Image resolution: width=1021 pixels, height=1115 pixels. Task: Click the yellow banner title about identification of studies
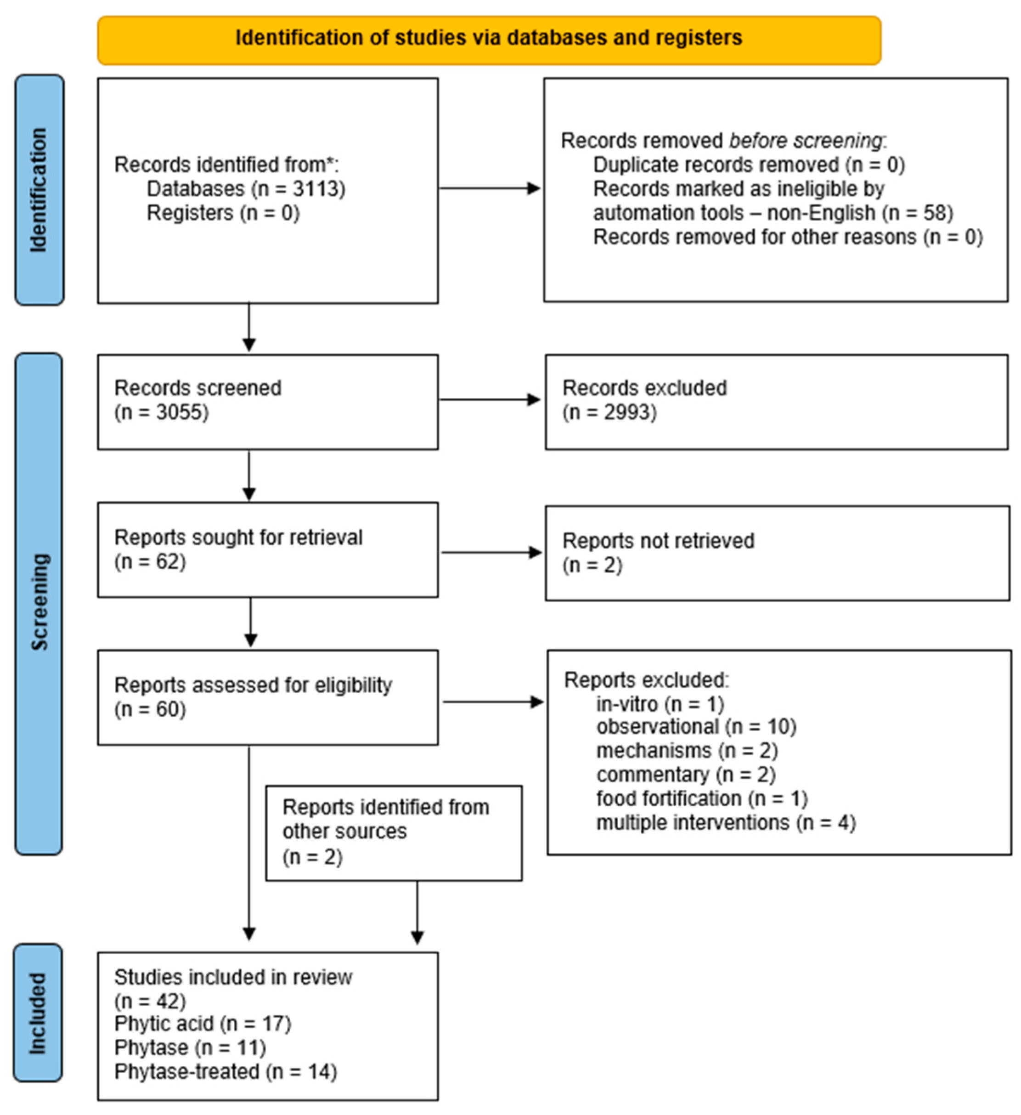489,38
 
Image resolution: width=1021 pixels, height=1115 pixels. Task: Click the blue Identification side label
39,190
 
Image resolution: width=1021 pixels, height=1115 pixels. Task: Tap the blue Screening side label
39,602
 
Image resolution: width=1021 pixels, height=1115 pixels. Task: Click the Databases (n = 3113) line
246,189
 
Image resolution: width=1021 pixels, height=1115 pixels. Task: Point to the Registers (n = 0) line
223,213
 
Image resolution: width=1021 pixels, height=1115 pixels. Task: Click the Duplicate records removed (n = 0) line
749,165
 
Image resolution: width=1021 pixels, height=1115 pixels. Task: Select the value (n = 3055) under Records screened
161,412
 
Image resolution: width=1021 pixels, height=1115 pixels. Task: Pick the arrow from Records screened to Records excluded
489,399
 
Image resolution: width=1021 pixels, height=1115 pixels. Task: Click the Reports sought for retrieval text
238,538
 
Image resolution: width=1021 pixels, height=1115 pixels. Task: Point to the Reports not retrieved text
658,541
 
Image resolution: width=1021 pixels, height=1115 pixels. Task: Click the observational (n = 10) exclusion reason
696,727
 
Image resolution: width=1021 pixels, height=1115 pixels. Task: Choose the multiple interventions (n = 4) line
725,823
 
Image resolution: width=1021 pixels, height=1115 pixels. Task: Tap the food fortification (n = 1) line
701,798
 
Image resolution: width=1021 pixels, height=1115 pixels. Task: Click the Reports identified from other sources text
385,819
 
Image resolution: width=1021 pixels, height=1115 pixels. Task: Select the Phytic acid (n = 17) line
203,1024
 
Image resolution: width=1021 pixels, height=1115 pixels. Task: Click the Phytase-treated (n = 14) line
226,1072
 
